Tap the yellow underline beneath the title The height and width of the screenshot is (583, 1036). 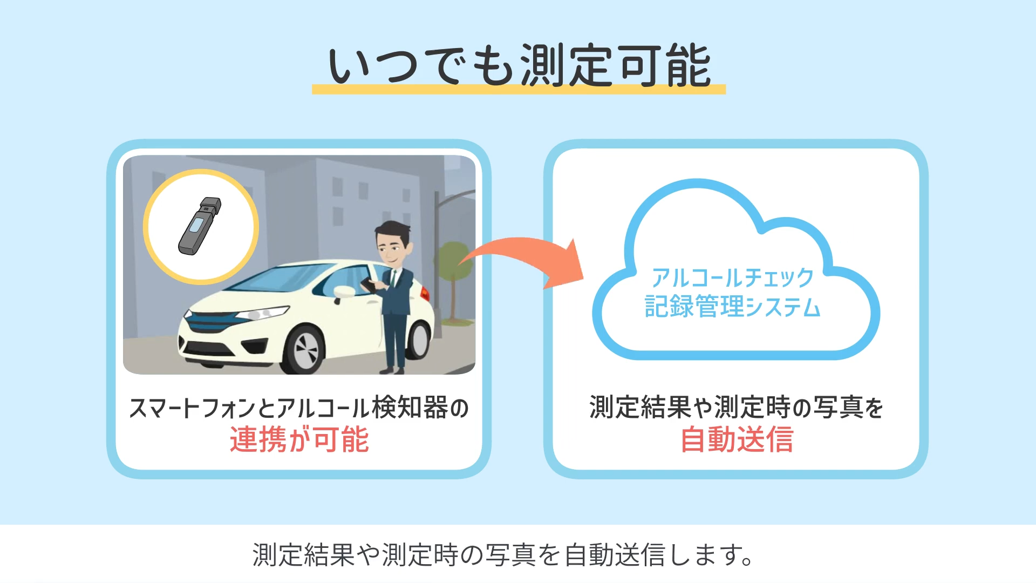point(519,90)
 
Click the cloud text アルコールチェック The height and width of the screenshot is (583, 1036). point(732,278)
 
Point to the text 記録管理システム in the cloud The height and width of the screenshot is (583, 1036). point(732,307)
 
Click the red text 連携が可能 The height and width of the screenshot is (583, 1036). point(299,439)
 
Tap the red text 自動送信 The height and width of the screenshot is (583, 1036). point(737,439)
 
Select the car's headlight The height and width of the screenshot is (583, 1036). point(264,314)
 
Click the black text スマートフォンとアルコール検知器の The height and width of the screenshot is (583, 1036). point(299,408)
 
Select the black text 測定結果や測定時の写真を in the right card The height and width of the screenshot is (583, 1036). point(737,408)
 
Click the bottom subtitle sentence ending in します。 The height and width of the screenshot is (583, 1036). point(503,555)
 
